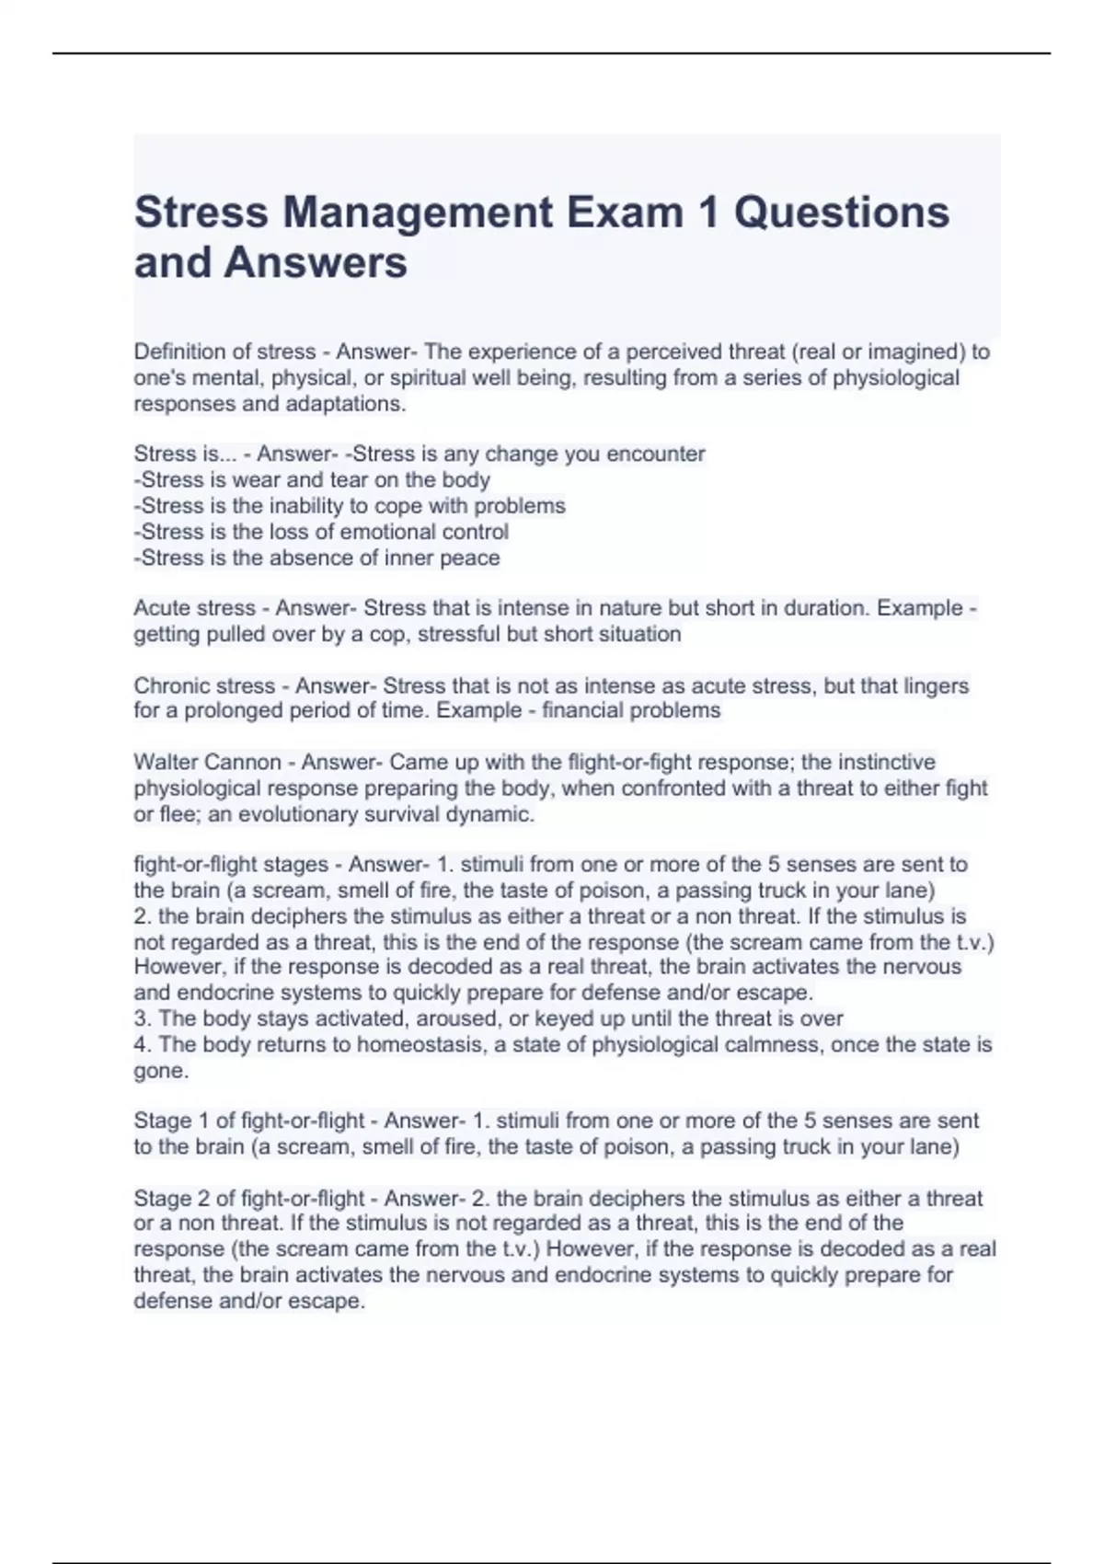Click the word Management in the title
point(418,213)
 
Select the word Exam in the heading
point(625,213)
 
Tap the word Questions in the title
point(841,213)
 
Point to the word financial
point(581,710)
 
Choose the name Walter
point(166,762)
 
